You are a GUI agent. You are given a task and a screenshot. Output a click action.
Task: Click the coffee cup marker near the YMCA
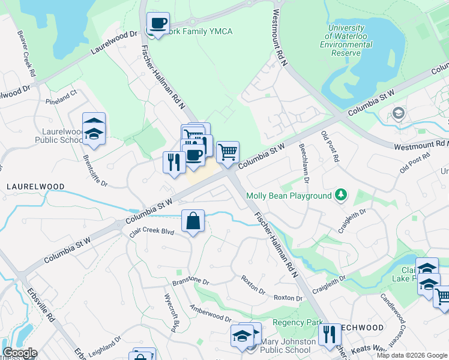158,24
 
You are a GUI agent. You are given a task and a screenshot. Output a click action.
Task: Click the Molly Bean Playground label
288,196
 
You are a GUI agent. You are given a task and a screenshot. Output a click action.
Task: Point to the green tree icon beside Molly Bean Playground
341,194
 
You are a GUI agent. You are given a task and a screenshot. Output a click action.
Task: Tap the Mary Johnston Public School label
288,346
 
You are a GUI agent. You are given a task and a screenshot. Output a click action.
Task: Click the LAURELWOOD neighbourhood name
35,187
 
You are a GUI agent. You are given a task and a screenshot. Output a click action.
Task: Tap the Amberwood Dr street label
210,313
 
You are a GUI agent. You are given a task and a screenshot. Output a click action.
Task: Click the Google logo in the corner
19,353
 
